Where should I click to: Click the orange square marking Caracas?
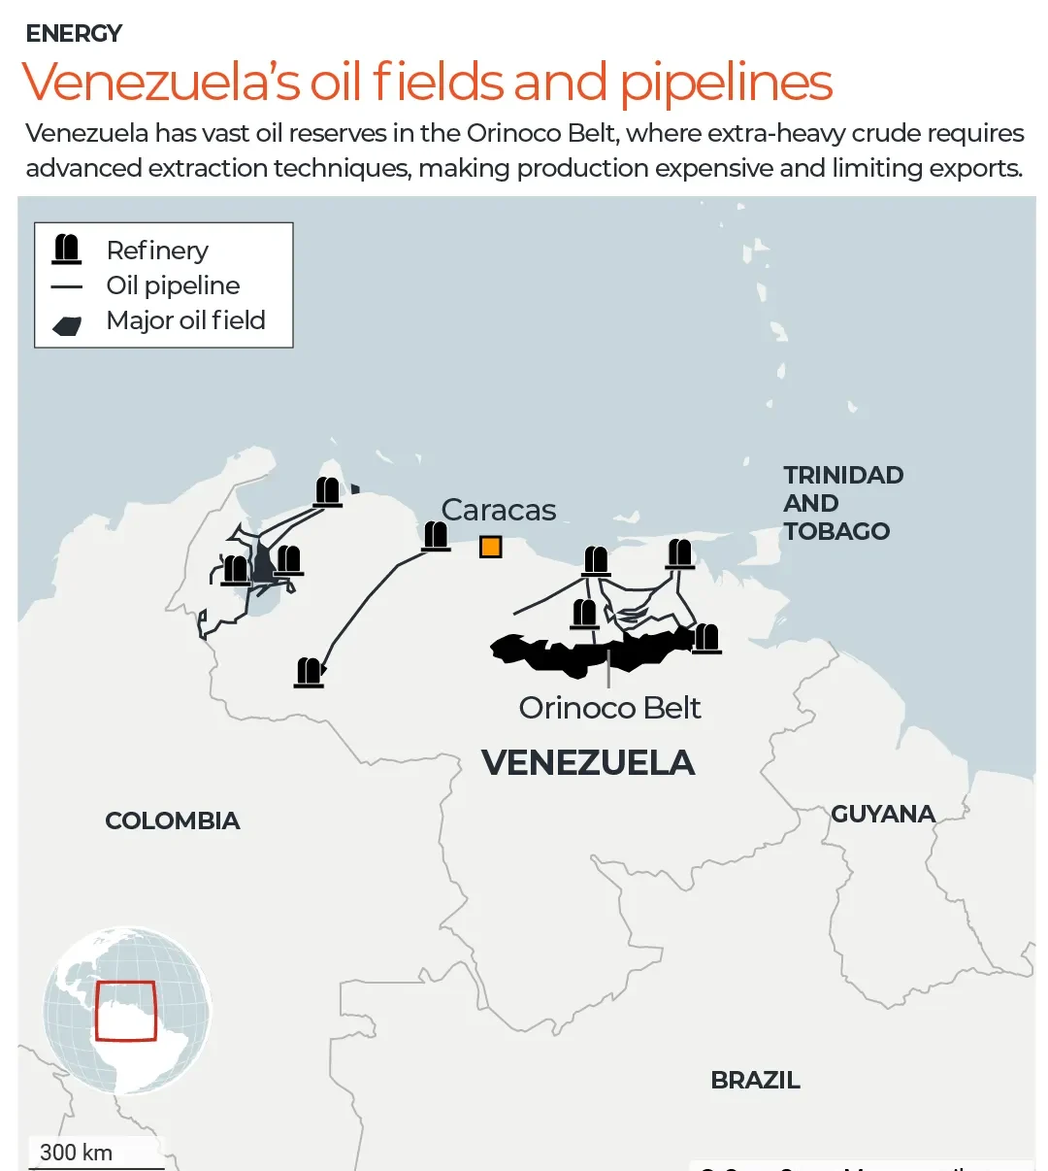491,548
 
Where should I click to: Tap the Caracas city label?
499,510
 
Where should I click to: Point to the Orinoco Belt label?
609,708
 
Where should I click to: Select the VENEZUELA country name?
588,763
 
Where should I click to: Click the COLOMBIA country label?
172,820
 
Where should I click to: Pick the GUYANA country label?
883,814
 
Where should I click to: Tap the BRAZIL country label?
755,1080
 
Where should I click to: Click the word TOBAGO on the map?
836,531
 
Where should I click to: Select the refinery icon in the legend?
67,250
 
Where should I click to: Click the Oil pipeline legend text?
173,285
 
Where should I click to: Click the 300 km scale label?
76,1153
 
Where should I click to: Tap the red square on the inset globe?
126,1011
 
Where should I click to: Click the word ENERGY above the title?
74,34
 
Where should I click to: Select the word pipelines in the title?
726,83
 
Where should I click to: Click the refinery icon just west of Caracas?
436,535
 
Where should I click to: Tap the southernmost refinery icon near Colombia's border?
309,672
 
